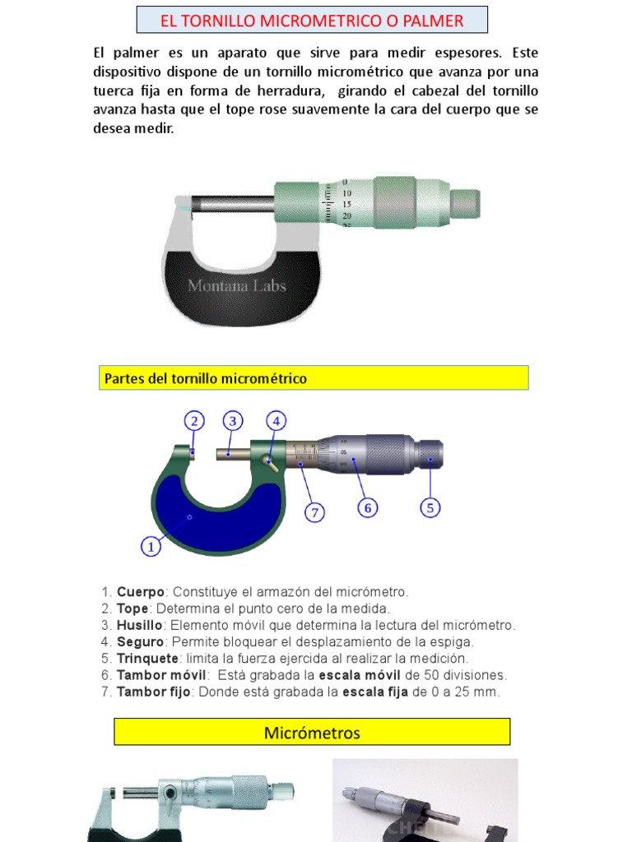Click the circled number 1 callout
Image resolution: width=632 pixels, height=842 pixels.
pos(151,545)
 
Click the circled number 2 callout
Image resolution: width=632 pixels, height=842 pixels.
pos(194,422)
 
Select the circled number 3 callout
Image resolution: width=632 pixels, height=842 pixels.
pos(233,422)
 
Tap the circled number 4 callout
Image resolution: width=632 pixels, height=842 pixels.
pos(276,422)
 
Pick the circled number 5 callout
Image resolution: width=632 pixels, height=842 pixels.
pos(430,507)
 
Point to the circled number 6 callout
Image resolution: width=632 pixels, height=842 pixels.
pos(368,508)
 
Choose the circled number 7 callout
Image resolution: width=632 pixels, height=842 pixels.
pos(314,513)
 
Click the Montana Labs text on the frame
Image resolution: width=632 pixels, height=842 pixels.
pos(237,286)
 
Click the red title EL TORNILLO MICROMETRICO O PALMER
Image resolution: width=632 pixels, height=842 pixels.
pos(312,20)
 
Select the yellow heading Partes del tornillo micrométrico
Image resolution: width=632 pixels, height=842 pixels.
pos(206,378)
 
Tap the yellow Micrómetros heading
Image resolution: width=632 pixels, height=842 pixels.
pos(312,732)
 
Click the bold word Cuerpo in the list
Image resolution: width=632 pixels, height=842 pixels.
pos(141,592)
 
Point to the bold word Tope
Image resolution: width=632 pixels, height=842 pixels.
pos(132,608)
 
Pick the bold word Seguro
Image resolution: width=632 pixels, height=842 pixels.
pos(140,641)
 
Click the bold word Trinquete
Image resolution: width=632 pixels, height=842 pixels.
pos(149,659)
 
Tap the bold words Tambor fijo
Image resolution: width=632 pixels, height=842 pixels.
pos(154,692)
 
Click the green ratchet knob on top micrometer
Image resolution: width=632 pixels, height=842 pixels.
pos(465,200)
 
